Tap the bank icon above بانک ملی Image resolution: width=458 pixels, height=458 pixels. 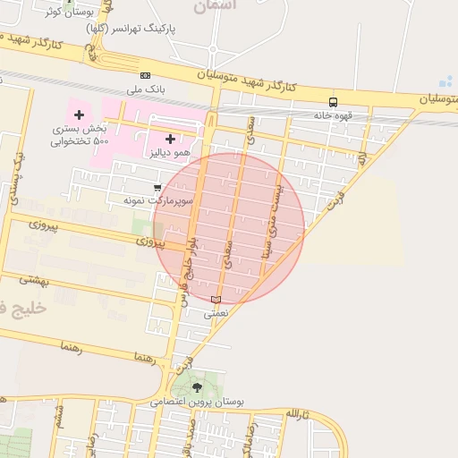tap(145, 75)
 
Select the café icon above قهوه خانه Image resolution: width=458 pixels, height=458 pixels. tap(334, 102)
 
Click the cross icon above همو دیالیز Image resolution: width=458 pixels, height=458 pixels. tap(170, 139)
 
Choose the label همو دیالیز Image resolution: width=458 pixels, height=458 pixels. tap(170, 153)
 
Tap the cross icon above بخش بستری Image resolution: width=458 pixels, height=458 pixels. tap(80, 114)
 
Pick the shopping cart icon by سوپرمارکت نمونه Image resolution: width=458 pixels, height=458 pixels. tap(157, 188)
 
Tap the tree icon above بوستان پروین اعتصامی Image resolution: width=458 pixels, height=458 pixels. tap(198, 386)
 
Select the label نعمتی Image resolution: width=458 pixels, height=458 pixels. tap(216, 313)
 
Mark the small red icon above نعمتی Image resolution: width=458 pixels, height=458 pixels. tap(215, 299)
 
